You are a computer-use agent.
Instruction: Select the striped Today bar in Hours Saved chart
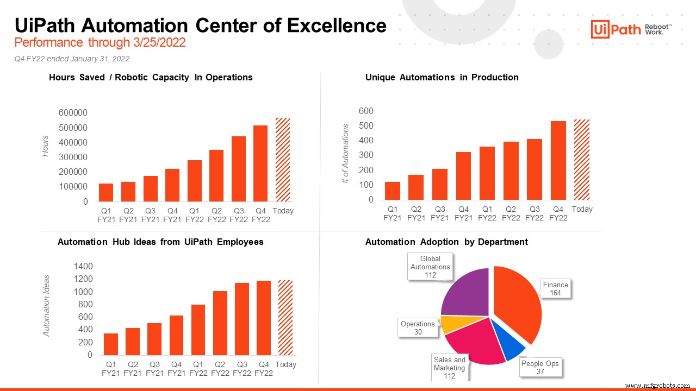tap(283, 160)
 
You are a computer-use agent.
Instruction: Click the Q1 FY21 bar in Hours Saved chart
tap(106, 192)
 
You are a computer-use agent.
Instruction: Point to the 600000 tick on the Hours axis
tap(73, 113)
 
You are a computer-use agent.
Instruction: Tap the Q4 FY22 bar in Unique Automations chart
tap(558, 160)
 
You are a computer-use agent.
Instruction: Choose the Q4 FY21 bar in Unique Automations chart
tap(463, 175)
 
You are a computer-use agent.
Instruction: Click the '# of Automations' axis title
tap(345, 154)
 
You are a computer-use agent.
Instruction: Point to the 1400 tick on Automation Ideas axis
tap(83, 267)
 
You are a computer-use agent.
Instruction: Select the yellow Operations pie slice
tap(451, 324)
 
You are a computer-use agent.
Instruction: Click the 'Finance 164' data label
tap(555, 289)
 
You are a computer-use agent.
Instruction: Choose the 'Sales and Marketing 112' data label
tap(450, 368)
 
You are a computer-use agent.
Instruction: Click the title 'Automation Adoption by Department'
tap(446, 242)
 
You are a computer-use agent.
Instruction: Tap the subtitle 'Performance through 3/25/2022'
tap(100, 43)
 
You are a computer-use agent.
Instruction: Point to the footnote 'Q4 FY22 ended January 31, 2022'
tap(72, 59)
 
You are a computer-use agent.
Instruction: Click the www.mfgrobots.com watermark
tap(657, 386)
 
